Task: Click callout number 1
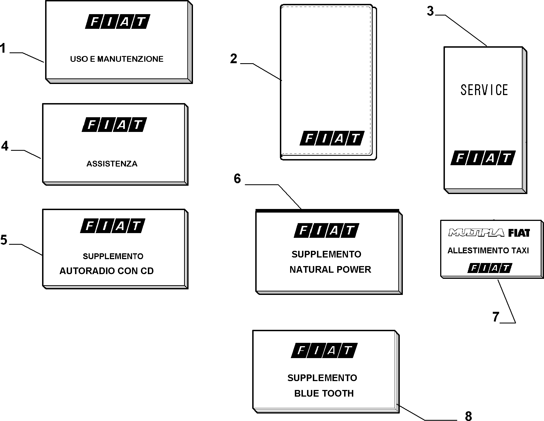coord(3,48)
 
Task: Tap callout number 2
coord(234,59)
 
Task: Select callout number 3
coord(430,11)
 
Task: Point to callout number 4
coord(5,146)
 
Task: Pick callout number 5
coord(4,240)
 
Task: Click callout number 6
coord(237,179)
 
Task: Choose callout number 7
coord(496,317)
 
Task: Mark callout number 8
coord(468,416)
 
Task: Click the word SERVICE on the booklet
coord(484,90)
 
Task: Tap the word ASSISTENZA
coord(112,164)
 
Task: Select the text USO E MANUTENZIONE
coord(117,59)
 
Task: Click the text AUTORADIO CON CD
coord(107,271)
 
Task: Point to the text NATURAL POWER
coord(330,269)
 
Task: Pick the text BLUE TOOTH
coord(324,393)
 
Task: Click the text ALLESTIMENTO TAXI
coord(488,251)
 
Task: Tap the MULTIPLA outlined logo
coord(476,233)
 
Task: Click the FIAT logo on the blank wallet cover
coord(332,138)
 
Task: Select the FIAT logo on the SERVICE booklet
coord(483,158)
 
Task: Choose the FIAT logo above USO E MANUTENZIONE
coord(118,21)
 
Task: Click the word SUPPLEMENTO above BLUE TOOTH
coord(322,378)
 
